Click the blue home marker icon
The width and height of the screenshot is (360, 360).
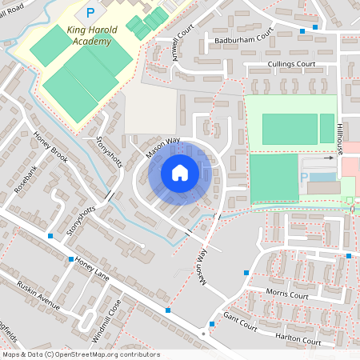180,172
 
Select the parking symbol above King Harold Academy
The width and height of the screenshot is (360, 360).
90,13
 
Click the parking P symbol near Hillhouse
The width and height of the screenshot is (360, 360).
303,176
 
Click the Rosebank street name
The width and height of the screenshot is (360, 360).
26,181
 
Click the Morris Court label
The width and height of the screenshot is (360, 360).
287,294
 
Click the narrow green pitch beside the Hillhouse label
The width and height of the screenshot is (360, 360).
327,129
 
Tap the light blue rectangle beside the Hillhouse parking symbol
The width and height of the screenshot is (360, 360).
322,177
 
